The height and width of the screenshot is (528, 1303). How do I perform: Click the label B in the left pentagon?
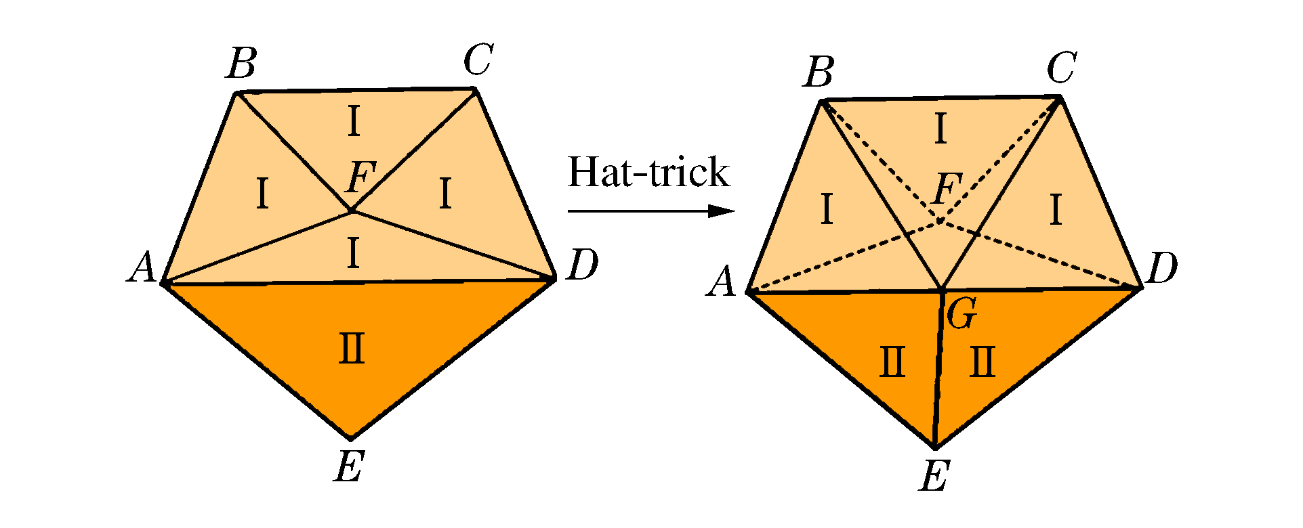pos(242,64)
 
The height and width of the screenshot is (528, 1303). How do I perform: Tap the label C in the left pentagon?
pos(478,60)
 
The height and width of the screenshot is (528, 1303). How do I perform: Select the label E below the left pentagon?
pos(350,466)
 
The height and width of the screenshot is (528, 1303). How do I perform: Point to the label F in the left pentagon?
pos(360,178)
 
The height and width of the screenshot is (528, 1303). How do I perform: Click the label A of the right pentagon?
pos(721,282)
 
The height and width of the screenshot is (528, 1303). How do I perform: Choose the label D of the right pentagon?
pos(1161,268)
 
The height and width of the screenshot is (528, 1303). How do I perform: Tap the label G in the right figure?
pos(961,313)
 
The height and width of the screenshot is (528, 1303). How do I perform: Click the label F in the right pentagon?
pos(947,188)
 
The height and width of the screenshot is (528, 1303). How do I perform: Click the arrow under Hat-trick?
pos(650,211)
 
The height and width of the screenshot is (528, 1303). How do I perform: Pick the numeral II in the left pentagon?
pos(352,349)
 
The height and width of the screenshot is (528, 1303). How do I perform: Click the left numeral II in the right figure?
pos(892,361)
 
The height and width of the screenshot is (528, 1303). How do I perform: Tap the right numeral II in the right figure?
pos(983,361)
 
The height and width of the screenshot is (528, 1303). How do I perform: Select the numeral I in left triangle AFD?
pos(352,254)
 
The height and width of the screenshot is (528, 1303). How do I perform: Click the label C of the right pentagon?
pos(1061,68)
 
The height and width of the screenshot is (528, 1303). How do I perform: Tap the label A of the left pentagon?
pos(143,268)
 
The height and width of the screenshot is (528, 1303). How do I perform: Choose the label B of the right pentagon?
pos(819,72)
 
